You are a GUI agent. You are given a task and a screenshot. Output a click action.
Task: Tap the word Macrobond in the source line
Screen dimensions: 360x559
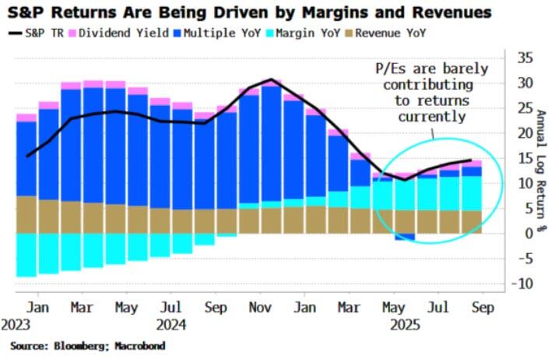click(139, 344)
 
